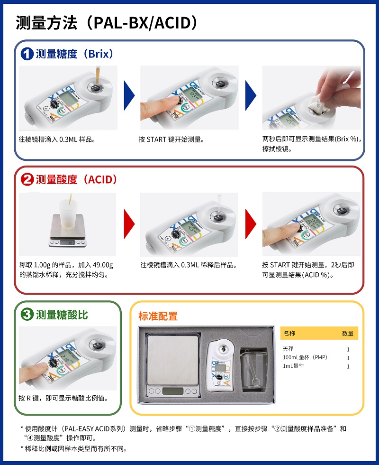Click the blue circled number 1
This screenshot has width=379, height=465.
point(27,54)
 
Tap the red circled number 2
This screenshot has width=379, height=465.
point(27,180)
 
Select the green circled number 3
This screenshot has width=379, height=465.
point(27,314)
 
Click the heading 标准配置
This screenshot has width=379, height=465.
point(158,316)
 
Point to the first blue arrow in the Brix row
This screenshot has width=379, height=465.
point(129,95)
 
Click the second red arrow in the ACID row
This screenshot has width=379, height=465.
point(251,224)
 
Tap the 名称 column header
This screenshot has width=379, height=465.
point(289,333)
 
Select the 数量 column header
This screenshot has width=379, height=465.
point(348,334)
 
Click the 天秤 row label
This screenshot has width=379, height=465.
point(288,349)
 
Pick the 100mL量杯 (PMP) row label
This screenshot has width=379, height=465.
point(305,357)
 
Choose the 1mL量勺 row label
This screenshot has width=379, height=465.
point(293,366)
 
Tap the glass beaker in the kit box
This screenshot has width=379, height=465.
point(254,370)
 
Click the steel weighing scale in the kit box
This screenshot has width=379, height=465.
point(172,366)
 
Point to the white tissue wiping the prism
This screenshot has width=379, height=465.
point(318,104)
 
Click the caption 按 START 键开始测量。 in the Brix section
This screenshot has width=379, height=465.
point(171,139)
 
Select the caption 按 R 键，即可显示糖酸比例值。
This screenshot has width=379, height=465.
point(63,398)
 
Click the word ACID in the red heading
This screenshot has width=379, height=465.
point(100,180)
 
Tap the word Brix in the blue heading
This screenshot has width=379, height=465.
point(99,54)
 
